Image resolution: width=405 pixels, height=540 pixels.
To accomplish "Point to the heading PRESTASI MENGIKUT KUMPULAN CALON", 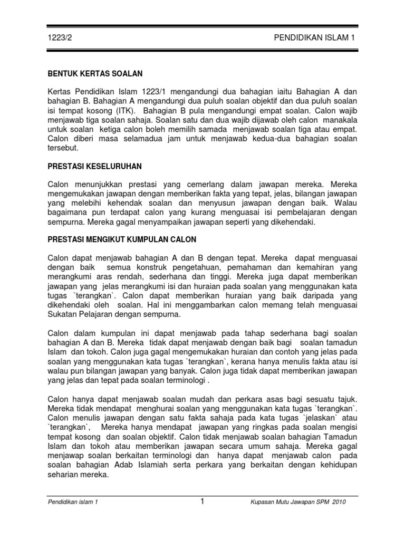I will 122,239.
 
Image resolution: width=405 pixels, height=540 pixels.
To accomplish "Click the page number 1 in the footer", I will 202,502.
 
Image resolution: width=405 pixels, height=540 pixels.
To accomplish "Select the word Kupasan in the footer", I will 263,502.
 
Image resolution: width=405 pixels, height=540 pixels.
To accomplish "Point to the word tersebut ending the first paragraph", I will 63,148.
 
